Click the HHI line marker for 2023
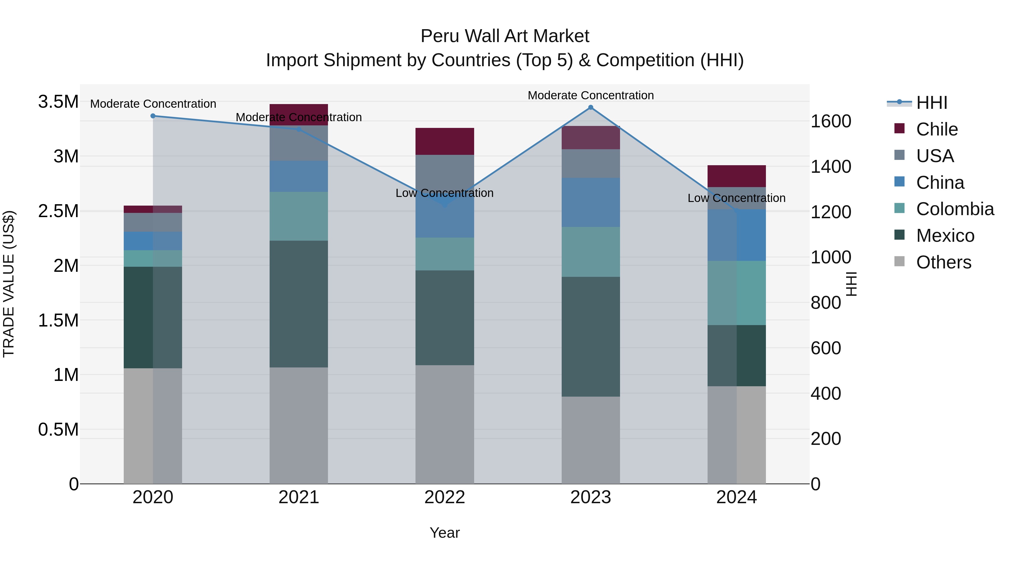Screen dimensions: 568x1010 point(591,107)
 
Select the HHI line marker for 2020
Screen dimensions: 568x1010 point(153,116)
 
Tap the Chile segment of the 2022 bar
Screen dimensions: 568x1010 point(445,141)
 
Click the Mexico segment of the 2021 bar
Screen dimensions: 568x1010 point(299,304)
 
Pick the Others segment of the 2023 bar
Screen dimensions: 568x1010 point(591,440)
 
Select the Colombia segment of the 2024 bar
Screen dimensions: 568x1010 point(736,293)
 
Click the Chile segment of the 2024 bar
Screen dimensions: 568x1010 point(736,176)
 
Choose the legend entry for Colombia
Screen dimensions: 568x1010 point(954,209)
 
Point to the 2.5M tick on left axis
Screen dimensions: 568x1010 point(58,211)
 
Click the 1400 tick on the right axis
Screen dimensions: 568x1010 point(831,167)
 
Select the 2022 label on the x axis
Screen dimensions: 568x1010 point(445,497)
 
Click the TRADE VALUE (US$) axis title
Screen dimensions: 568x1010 point(9,284)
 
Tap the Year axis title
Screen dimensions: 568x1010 point(445,533)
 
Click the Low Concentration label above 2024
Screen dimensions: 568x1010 point(736,198)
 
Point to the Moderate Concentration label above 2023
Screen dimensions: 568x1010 point(591,95)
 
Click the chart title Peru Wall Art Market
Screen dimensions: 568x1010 point(505,36)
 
